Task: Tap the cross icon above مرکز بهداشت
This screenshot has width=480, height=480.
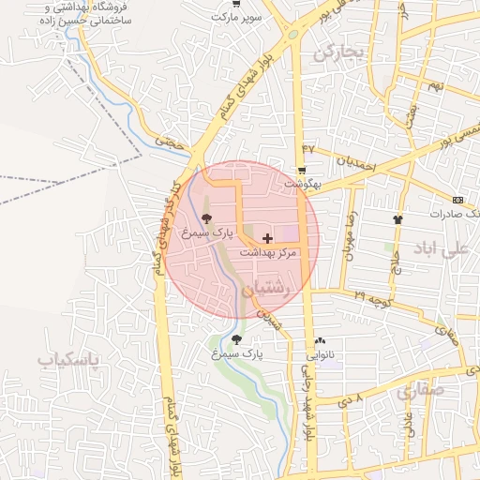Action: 268,239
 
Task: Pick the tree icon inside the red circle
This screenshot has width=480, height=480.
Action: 206,217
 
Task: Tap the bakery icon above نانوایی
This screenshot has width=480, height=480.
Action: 321,341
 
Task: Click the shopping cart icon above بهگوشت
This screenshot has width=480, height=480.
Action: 301,171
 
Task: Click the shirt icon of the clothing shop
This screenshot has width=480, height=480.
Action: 398,219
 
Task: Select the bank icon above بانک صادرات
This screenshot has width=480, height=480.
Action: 457,200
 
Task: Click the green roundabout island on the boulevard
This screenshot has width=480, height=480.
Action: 293,35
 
